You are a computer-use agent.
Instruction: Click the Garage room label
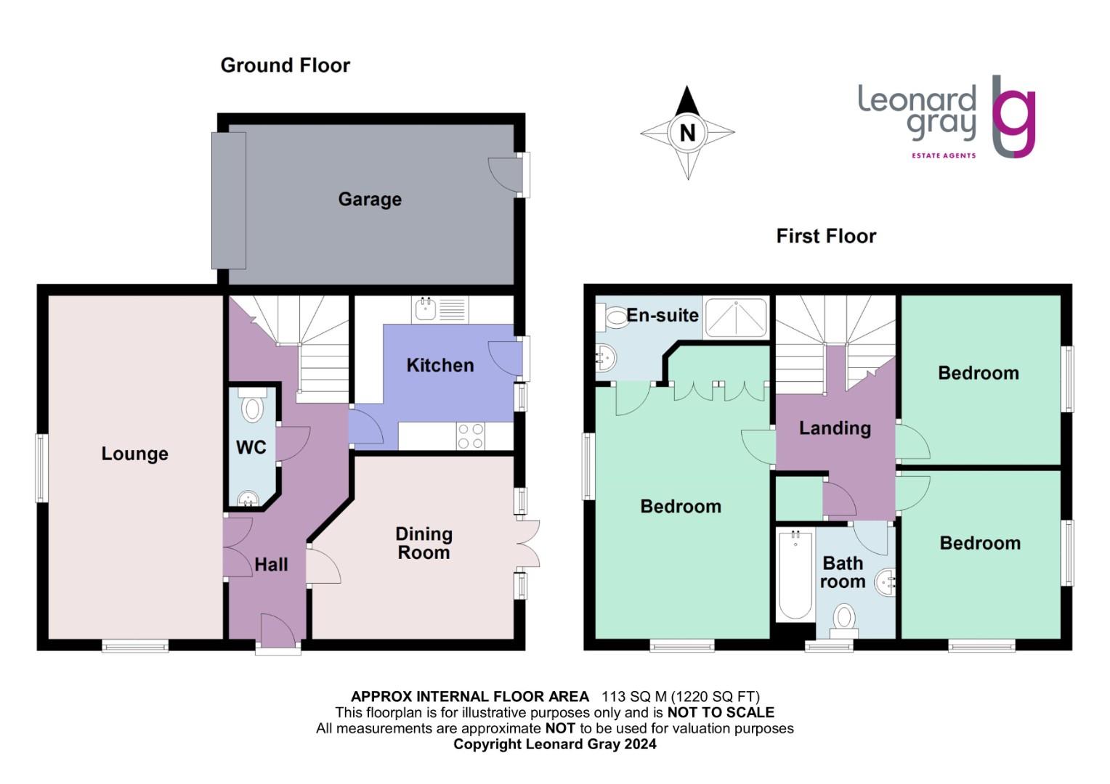click(x=370, y=199)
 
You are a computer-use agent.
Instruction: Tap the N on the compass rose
click(x=687, y=133)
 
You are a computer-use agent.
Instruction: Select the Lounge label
click(x=134, y=454)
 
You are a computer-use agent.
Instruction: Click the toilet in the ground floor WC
click(x=252, y=407)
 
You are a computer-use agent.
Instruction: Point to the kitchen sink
click(x=425, y=310)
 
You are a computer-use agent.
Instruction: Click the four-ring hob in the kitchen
click(x=470, y=436)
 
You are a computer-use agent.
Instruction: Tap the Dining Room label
click(x=424, y=543)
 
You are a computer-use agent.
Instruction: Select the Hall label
click(x=271, y=565)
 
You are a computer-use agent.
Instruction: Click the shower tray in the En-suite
click(x=736, y=317)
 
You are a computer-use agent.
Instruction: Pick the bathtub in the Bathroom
click(x=795, y=574)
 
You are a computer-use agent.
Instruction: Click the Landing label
click(x=835, y=428)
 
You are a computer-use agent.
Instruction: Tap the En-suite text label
click(x=663, y=315)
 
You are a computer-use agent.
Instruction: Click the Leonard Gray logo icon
click(x=1013, y=116)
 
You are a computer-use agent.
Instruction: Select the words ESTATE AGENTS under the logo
click(x=944, y=155)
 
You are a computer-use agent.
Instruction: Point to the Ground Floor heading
click(x=285, y=65)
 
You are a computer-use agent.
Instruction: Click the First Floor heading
click(x=826, y=236)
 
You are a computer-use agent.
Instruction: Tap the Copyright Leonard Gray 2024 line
click(x=554, y=744)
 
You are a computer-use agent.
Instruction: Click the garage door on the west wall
click(x=228, y=200)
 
